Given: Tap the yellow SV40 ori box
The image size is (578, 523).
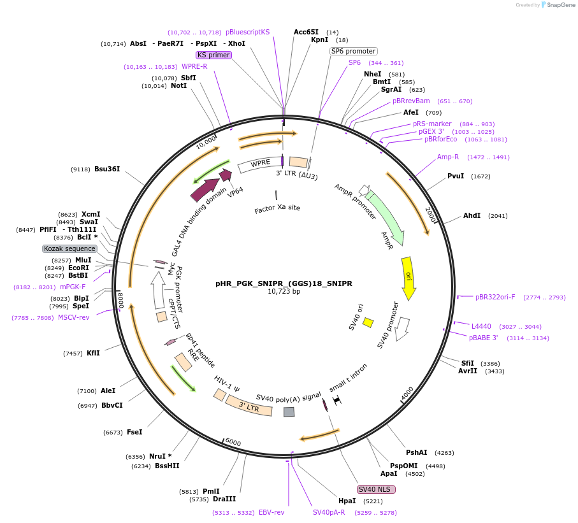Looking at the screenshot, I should (x=368, y=322).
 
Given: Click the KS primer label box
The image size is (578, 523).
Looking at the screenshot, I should (x=213, y=55).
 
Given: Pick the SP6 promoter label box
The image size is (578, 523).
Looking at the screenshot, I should (x=353, y=51).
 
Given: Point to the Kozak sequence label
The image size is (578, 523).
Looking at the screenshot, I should (x=69, y=248).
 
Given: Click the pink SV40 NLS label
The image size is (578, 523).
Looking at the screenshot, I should (x=376, y=489).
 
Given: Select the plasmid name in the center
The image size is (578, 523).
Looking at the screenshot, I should (x=284, y=283).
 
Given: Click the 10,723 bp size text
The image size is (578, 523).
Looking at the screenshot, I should (x=284, y=292).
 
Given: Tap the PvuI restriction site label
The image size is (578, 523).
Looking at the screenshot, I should (x=456, y=176).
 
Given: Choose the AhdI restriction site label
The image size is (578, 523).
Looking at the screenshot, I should (x=472, y=215).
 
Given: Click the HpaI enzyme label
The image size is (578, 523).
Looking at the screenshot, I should (x=347, y=501).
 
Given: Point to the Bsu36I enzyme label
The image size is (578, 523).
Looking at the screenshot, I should (x=107, y=169).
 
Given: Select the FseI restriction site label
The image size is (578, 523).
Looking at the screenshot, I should (x=134, y=432).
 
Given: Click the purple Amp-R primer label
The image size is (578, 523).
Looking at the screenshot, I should (x=448, y=157).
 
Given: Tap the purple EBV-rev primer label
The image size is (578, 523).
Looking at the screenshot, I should (x=271, y=512).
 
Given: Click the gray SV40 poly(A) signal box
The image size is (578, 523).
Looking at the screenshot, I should (x=289, y=412).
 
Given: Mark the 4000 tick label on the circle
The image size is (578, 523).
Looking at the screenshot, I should (x=407, y=392).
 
